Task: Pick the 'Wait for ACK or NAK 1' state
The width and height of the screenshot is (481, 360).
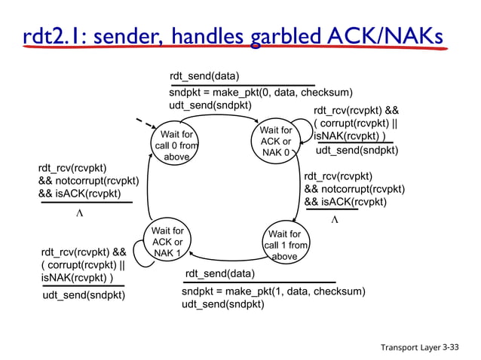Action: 167,242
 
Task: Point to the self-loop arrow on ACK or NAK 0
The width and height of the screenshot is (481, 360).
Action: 305,136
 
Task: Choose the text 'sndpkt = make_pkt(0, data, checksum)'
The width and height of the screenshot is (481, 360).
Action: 260,93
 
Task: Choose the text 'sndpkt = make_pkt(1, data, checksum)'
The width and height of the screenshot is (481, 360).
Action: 273,291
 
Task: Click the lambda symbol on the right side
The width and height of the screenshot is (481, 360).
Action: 335,221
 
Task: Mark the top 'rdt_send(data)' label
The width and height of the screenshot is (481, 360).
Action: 204,77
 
